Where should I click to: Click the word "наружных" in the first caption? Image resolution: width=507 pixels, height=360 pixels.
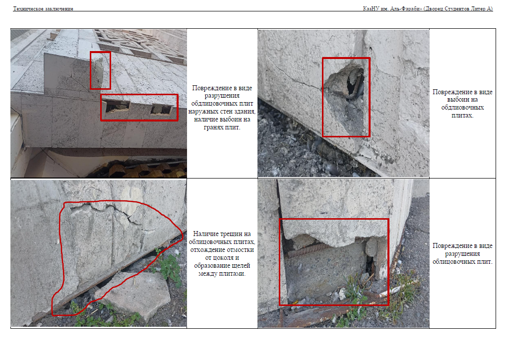pos(202,112)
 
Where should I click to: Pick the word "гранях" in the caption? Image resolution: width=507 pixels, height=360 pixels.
pos(213,127)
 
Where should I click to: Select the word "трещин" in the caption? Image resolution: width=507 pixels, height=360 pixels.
pos(232,234)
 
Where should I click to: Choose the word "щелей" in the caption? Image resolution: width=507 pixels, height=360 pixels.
pos(241,266)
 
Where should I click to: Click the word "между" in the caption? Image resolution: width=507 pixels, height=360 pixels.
pos(207,274)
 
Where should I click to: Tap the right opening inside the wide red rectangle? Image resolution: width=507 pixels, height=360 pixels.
pos(161,109)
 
